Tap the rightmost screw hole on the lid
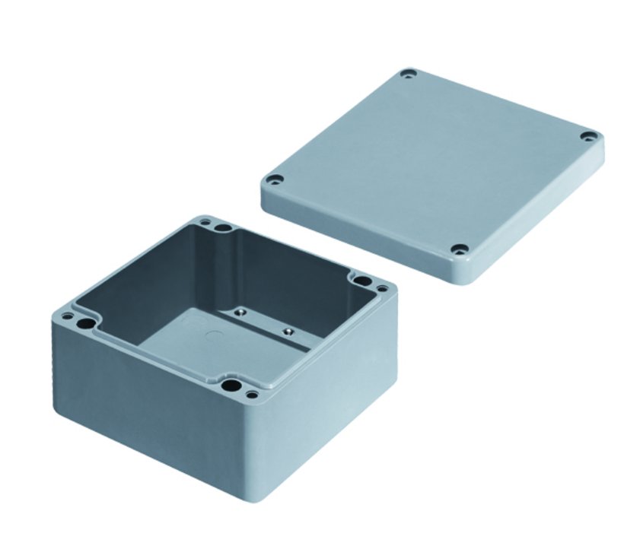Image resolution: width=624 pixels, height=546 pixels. (588, 137)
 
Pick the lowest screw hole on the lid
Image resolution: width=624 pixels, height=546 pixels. (460, 249)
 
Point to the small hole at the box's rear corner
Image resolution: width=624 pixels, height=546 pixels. (204, 223)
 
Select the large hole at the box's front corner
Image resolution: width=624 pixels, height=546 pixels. (229, 386)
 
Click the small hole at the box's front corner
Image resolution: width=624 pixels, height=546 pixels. (250, 395)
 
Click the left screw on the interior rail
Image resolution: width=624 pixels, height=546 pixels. (238, 311)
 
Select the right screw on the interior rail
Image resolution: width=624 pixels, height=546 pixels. (288, 332)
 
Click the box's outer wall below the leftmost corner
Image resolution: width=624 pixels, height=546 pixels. (114, 395)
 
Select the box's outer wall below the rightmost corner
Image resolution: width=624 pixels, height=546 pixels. (342, 380)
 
